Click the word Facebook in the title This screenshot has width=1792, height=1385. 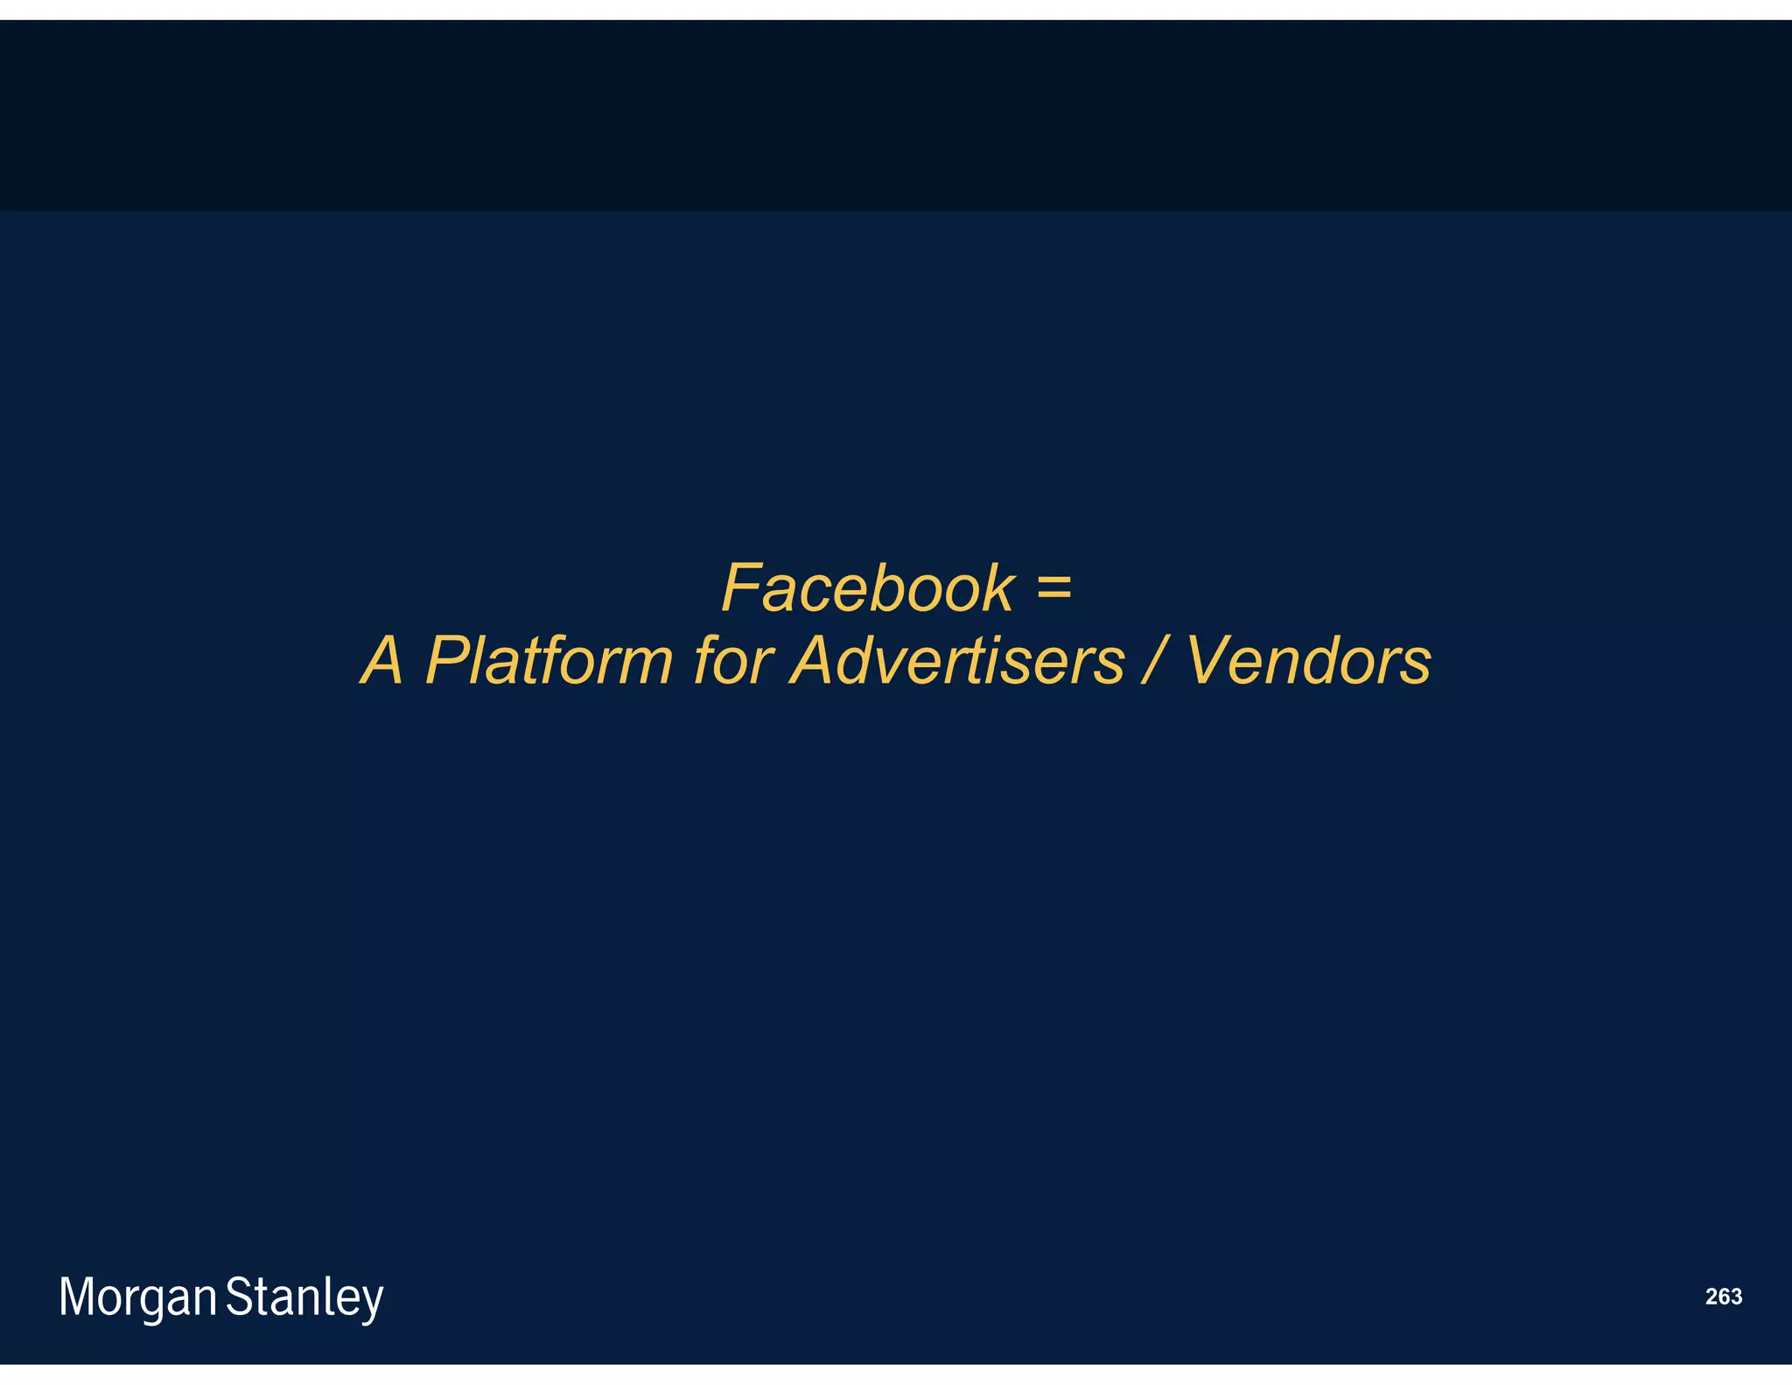coord(867,588)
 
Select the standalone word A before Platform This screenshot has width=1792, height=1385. coord(383,660)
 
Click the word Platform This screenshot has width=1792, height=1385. coord(549,660)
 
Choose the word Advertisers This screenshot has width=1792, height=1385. coord(956,660)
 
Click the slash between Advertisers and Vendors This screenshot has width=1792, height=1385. coord(1154,660)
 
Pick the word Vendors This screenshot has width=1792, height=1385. coord(1308,660)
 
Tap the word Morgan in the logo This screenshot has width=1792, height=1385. coord(137,1297)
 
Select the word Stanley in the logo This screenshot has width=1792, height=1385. coord(304,1297)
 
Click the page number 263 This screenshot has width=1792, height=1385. coord(1723,1297)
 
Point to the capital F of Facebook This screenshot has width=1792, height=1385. coord(742,588)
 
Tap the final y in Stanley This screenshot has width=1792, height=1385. coord(373,1302)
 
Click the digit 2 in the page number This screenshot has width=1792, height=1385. coord(1711,1297)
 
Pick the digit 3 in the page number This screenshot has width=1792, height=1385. coord(1736,1297)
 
